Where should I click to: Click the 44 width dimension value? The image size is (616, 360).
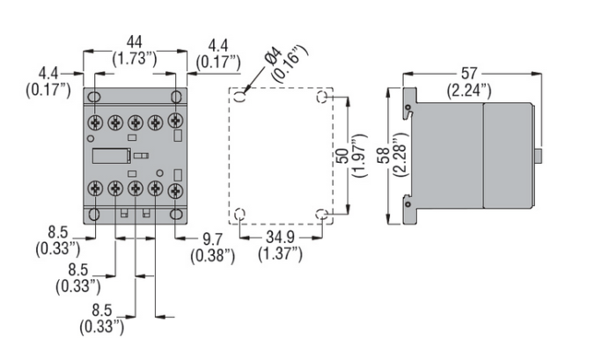(134, 40)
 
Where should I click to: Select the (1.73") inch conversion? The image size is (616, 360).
(134, 58)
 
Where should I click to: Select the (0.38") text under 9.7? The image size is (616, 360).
(212, 256)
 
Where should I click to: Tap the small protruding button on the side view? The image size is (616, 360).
(537, 155)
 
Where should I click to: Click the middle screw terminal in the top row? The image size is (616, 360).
(135, 122)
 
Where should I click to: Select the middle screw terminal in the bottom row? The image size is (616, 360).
(135, 188)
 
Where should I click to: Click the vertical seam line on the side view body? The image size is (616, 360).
(483, 155)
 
